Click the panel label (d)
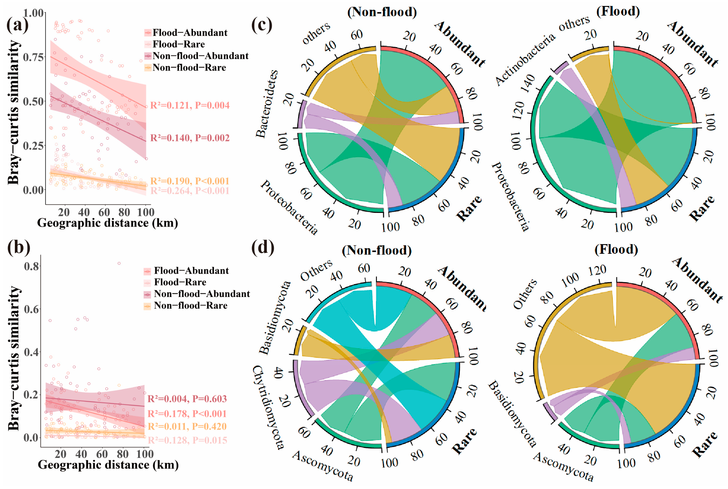[263, 247]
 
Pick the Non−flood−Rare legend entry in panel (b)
[190, 305]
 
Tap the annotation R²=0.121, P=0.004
[190, 105]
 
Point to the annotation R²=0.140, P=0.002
[190, 138]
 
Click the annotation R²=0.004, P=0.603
[187, 398]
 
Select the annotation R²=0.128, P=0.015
[187, 440]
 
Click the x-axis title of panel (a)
[108, 223]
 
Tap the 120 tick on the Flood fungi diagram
[597, 270]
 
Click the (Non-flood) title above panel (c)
[382, 12]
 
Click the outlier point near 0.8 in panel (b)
[119, 263]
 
